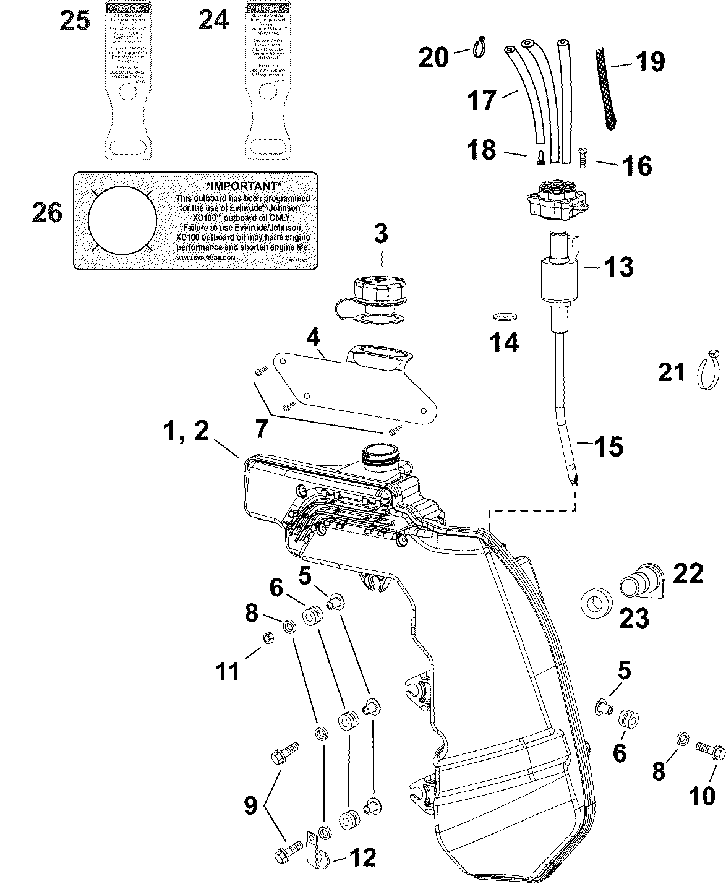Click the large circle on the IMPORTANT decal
click(x=122, y=220)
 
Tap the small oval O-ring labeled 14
click(x=505, y=317)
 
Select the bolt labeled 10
click(x=710, y=750)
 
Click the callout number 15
click(x=609, y=446)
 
